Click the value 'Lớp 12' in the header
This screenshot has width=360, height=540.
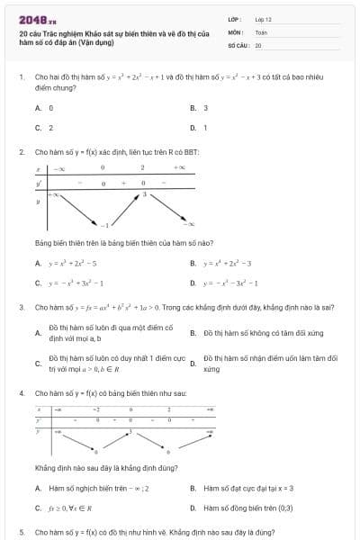[x=263, y=18]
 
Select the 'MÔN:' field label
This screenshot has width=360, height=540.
[x=236, y=31]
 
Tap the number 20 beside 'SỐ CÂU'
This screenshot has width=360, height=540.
[x=258, y=44]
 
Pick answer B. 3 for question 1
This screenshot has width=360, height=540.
[x=200, y=107]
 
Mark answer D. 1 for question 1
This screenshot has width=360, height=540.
[x=200, y=128]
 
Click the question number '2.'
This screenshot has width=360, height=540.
[x=21, y=152]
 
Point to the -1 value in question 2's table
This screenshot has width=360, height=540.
[x=103, y=224]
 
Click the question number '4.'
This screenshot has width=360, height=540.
[x=21, y=393]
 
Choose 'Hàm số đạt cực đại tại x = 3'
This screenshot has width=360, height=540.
[x=247, y=488]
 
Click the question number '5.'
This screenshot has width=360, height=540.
[x=21, y=532]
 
